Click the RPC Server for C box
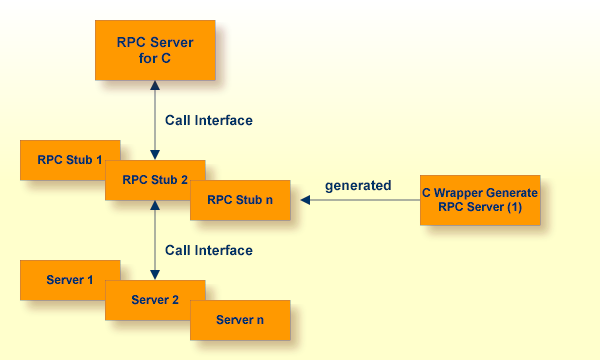pyautogui.click(x=155, y=50)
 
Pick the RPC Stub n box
pyautogui.click(x=240, y=200)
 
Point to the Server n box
pyautogui.click(x=240, y=320)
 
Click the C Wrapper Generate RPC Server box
pyautogui.click(x=480, y=200)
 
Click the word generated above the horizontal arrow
pyautogui.click(x=358, y=186)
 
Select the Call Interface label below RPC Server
pyautogui.click(x=209, y=120)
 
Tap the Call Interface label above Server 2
pyautogui.click(x=209, y=250)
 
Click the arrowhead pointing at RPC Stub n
pyautogui.click(x=305, y=200)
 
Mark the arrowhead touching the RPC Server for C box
pyautogui.click(x=155, y=85)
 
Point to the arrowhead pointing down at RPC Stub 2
pyautogui.click(x=155, y=155)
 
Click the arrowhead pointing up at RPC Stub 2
pyautogui.click(x=155, y=205)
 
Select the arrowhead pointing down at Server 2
pyautogui.click(x=155, y=275)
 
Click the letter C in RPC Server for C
pyautogui.click(x=166, y=58)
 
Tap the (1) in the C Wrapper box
pyautogui.click(x=514, y=207)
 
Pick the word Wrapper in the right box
pyautogui.click(x=454, y=193)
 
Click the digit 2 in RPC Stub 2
pyautogui.click(x=184, y=179)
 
